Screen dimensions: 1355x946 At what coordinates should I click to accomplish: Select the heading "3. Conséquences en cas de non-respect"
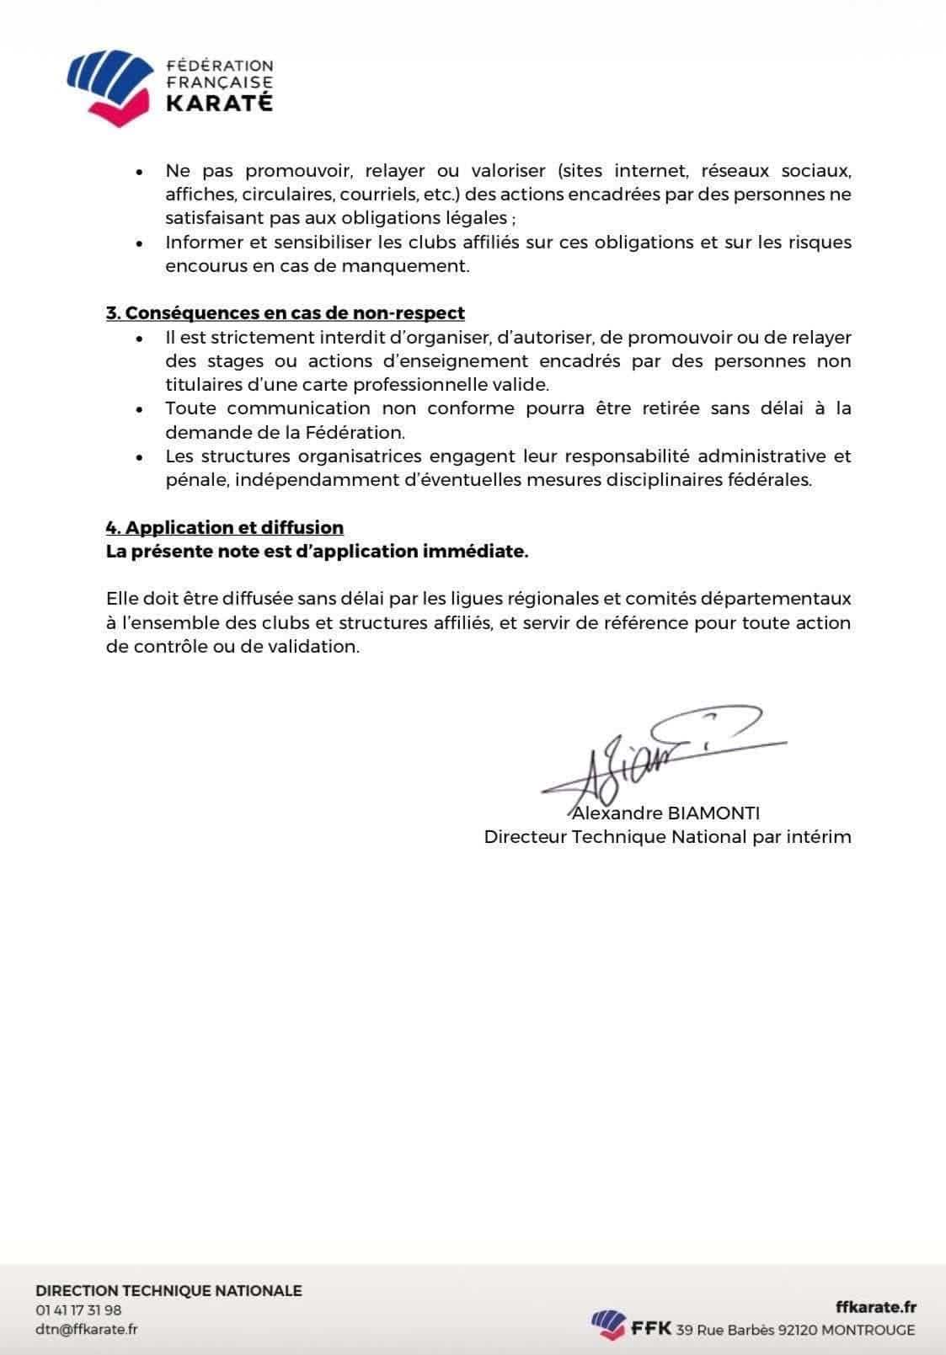(x=286, y=313)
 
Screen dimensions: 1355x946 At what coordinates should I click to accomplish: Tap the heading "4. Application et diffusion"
(x=225, y=528)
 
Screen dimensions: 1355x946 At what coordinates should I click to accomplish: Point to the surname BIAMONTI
(x=714, y=814)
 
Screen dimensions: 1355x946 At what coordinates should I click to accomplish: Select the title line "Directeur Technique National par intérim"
(x=667, y=837)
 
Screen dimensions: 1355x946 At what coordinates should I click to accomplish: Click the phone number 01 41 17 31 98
(x=78, y=1310)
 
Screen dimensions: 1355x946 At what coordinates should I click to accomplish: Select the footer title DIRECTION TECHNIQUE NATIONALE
(x=168, y=1291)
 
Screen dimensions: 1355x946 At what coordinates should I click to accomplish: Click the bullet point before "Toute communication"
(x=140, y=410)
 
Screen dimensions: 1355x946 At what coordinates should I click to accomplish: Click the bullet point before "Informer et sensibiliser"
(x=140, y=243)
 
